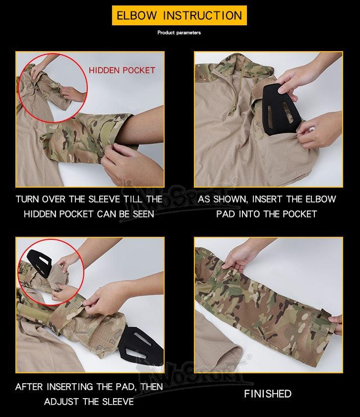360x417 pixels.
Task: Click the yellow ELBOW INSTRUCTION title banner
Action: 180,15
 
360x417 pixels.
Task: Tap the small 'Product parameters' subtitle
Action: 179,33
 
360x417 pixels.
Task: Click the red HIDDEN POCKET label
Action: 122,70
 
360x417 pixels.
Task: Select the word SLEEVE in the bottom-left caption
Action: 118,402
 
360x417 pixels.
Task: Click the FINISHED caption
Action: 268,394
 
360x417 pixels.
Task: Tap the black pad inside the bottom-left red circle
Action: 39,263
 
